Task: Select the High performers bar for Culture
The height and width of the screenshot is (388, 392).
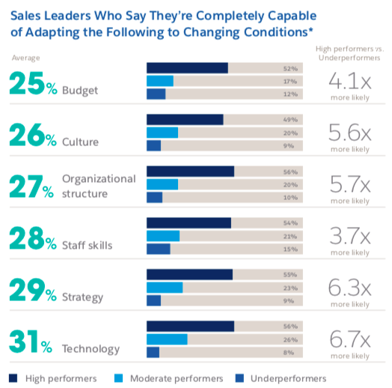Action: (x=185, y=119)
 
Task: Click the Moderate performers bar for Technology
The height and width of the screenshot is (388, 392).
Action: (x=167, y=339)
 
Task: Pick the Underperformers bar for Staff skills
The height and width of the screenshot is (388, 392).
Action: (x=159, y=249)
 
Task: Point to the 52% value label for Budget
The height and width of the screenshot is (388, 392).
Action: (x=291, y=68)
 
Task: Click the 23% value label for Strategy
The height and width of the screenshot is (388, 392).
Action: (x=291, y=287)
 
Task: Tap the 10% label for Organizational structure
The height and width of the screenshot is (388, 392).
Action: (x=291, y=197)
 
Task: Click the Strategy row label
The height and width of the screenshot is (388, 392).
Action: (x=82, y=297)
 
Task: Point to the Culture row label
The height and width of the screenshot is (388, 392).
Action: (x=80, y=142)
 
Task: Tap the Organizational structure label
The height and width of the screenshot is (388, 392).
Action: (x=99, y=186)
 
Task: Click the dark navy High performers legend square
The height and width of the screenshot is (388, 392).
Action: (x=13, y=378)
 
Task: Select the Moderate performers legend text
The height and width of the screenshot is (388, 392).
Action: (x=177, y=378)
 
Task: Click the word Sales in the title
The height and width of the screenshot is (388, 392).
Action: (x=27, y=15)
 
